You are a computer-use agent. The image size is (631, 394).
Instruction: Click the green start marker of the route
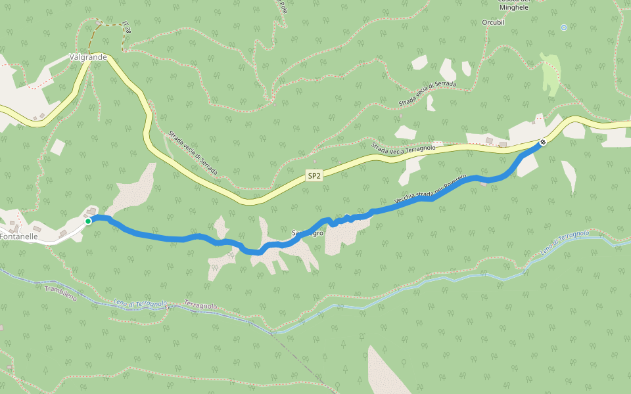coord(88,221)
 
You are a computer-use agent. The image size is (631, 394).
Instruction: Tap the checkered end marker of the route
coord(543,142)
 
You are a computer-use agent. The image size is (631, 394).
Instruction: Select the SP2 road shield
coord(314,175)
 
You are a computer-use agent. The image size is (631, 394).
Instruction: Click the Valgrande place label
coord(88,57)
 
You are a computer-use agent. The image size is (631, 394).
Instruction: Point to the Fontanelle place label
coord(18,235)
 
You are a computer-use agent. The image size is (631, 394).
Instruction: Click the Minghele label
coord(513,7)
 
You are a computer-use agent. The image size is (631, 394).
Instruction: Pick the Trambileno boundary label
coord(60,294)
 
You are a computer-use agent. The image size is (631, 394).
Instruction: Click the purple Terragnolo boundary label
coord(200,307)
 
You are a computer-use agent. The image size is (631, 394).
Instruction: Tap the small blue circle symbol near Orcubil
coord(563,27)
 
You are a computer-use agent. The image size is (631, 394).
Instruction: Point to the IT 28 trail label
coord(126,27)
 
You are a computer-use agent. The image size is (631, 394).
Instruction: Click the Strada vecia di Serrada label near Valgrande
coord(193,154)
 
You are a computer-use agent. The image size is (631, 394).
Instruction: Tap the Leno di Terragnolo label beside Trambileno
coord(141,304)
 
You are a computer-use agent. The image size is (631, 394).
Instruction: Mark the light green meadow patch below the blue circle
coord(551,76)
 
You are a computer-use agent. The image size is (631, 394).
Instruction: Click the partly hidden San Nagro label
coord(307,233)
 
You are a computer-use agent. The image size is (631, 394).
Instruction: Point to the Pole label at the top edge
coord(283,8)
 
